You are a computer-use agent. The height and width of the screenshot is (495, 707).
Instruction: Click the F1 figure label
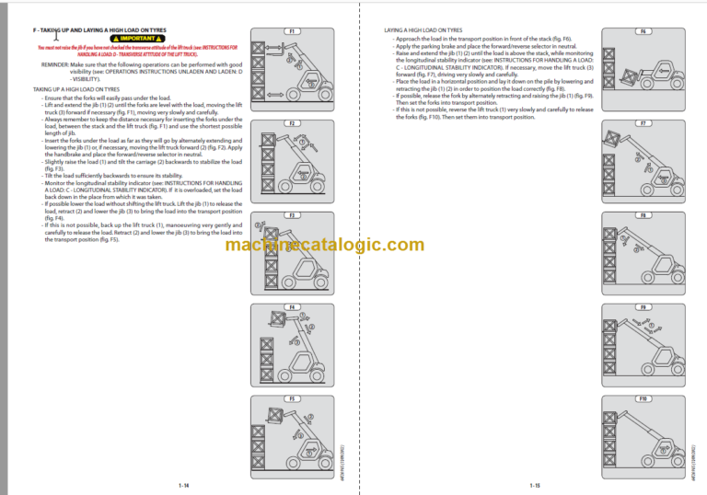291,31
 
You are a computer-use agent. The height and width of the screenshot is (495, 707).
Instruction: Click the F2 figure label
291,123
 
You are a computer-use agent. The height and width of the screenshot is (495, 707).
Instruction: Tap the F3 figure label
291,215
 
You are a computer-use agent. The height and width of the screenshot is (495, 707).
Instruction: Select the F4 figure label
291,307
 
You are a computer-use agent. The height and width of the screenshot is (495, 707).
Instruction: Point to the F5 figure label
291,399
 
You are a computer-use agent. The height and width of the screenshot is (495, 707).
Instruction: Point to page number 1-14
184,485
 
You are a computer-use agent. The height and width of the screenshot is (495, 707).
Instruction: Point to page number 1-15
535,485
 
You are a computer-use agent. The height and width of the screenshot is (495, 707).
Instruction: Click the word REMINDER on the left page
56,64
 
